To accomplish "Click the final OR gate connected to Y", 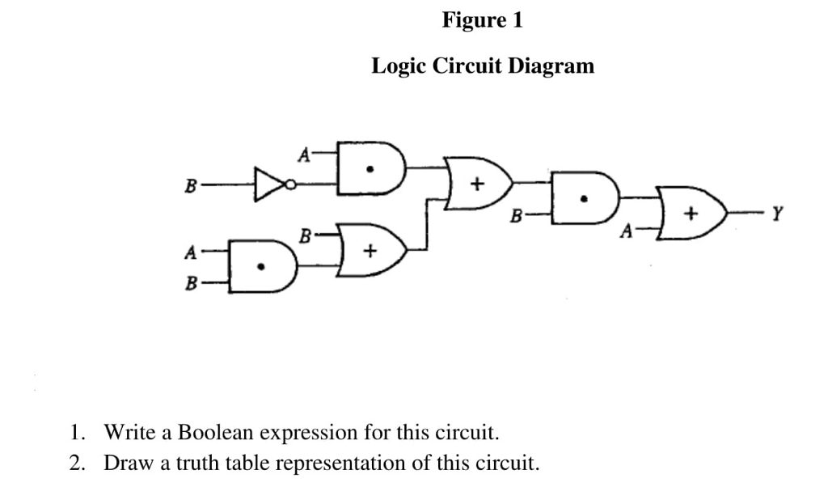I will [688, 216].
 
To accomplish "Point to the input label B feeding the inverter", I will [189, 186].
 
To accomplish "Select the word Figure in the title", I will [468, 21].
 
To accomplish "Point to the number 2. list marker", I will [77, 464].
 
